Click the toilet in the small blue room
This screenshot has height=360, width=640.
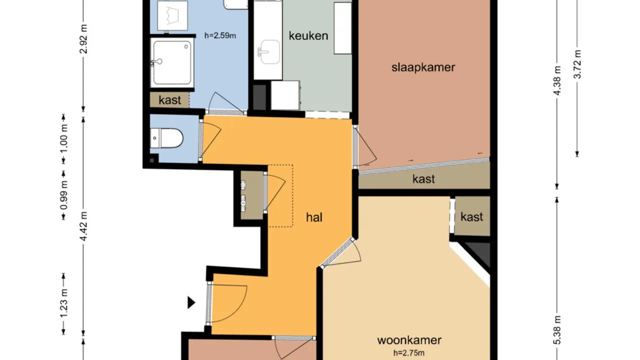167,138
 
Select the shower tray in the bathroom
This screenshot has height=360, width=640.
171,62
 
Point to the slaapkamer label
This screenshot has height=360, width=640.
423,67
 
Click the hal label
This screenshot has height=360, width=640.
314,217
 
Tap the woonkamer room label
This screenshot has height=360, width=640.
409,340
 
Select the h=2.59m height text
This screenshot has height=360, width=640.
220,35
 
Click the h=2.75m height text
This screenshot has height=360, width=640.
409,352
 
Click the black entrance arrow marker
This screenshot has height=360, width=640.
191,302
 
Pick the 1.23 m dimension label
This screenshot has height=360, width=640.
63,303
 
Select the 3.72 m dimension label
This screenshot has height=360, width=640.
577,64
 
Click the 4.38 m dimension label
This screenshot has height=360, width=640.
558,83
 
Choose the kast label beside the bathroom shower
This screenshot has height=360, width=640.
170,100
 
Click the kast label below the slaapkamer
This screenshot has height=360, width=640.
423,179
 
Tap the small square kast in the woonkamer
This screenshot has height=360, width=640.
471,216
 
